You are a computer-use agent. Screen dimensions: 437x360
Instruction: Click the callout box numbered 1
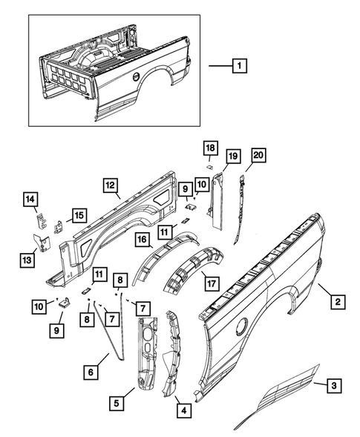[239, 66]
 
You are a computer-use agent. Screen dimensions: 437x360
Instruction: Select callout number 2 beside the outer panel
[338, 301]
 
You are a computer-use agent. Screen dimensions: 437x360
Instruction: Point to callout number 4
[181, 407]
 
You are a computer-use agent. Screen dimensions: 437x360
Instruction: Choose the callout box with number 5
[117, 404]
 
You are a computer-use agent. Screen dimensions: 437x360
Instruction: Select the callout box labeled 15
[77, 215]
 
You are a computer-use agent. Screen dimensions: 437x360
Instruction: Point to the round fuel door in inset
[135, 76]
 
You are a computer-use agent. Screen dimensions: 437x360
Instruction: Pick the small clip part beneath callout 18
[210, 168]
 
